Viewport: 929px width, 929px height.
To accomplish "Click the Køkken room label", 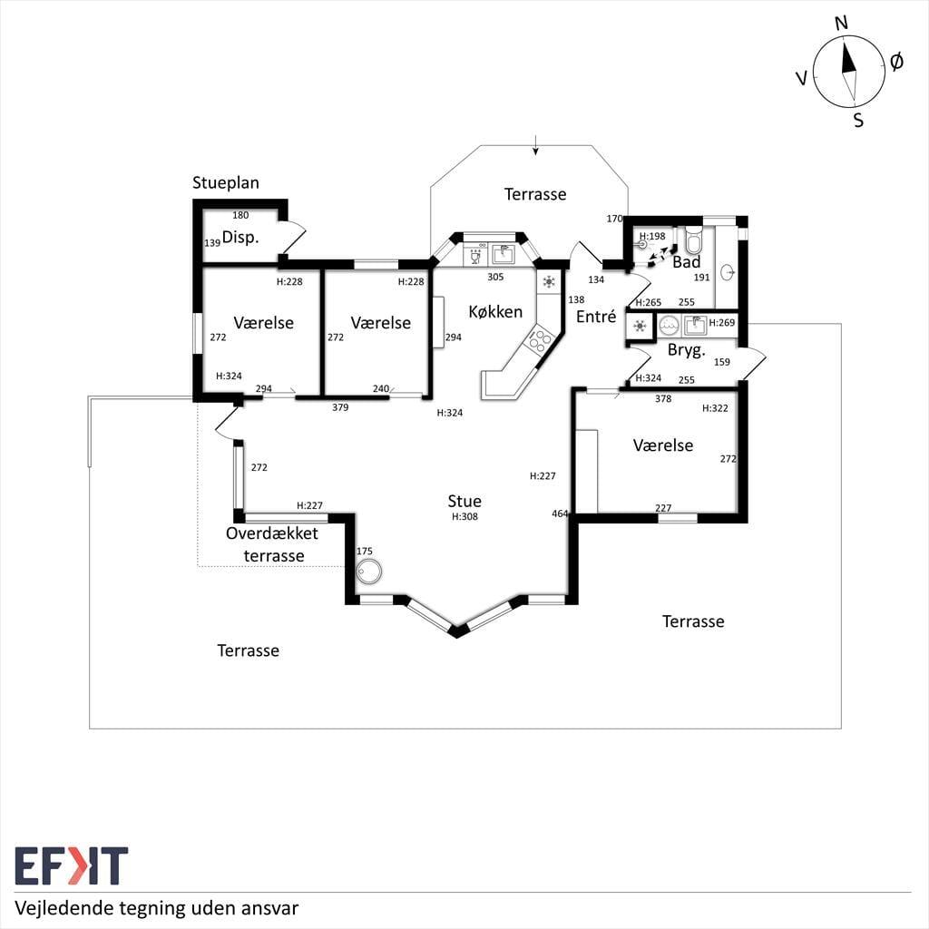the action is pos(495,312).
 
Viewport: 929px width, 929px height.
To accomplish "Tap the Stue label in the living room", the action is pos(464,501).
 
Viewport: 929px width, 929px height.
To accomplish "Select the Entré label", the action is pos(596,317).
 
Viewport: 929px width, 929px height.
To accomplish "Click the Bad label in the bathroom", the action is pos(687,262).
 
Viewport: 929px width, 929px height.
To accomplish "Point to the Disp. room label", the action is pos(240,238).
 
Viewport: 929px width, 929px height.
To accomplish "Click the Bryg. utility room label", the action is pos(687,350).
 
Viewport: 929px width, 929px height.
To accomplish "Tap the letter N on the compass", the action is pos(841,24).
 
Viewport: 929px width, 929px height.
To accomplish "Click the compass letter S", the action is pos(858,121).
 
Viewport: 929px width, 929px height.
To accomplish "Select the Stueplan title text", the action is pos(226,183).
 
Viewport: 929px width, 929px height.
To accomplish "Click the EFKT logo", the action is pos(71,865).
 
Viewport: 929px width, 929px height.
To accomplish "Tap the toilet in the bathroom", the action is pos(693,239).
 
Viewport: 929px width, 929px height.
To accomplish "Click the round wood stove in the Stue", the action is pos(369,572).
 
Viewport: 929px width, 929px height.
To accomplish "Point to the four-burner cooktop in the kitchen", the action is pos(541,341).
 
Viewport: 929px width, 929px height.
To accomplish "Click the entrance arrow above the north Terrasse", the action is pos(535,145).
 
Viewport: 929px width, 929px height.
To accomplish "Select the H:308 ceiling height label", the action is pos(464,516).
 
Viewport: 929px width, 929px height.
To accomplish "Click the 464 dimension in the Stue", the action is pos(560,513).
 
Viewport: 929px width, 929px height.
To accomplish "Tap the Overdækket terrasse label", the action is pos(272,544).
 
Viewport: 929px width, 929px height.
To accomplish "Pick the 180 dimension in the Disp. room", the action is pos(240,215).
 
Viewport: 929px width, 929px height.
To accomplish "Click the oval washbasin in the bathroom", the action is pos(729,272).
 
